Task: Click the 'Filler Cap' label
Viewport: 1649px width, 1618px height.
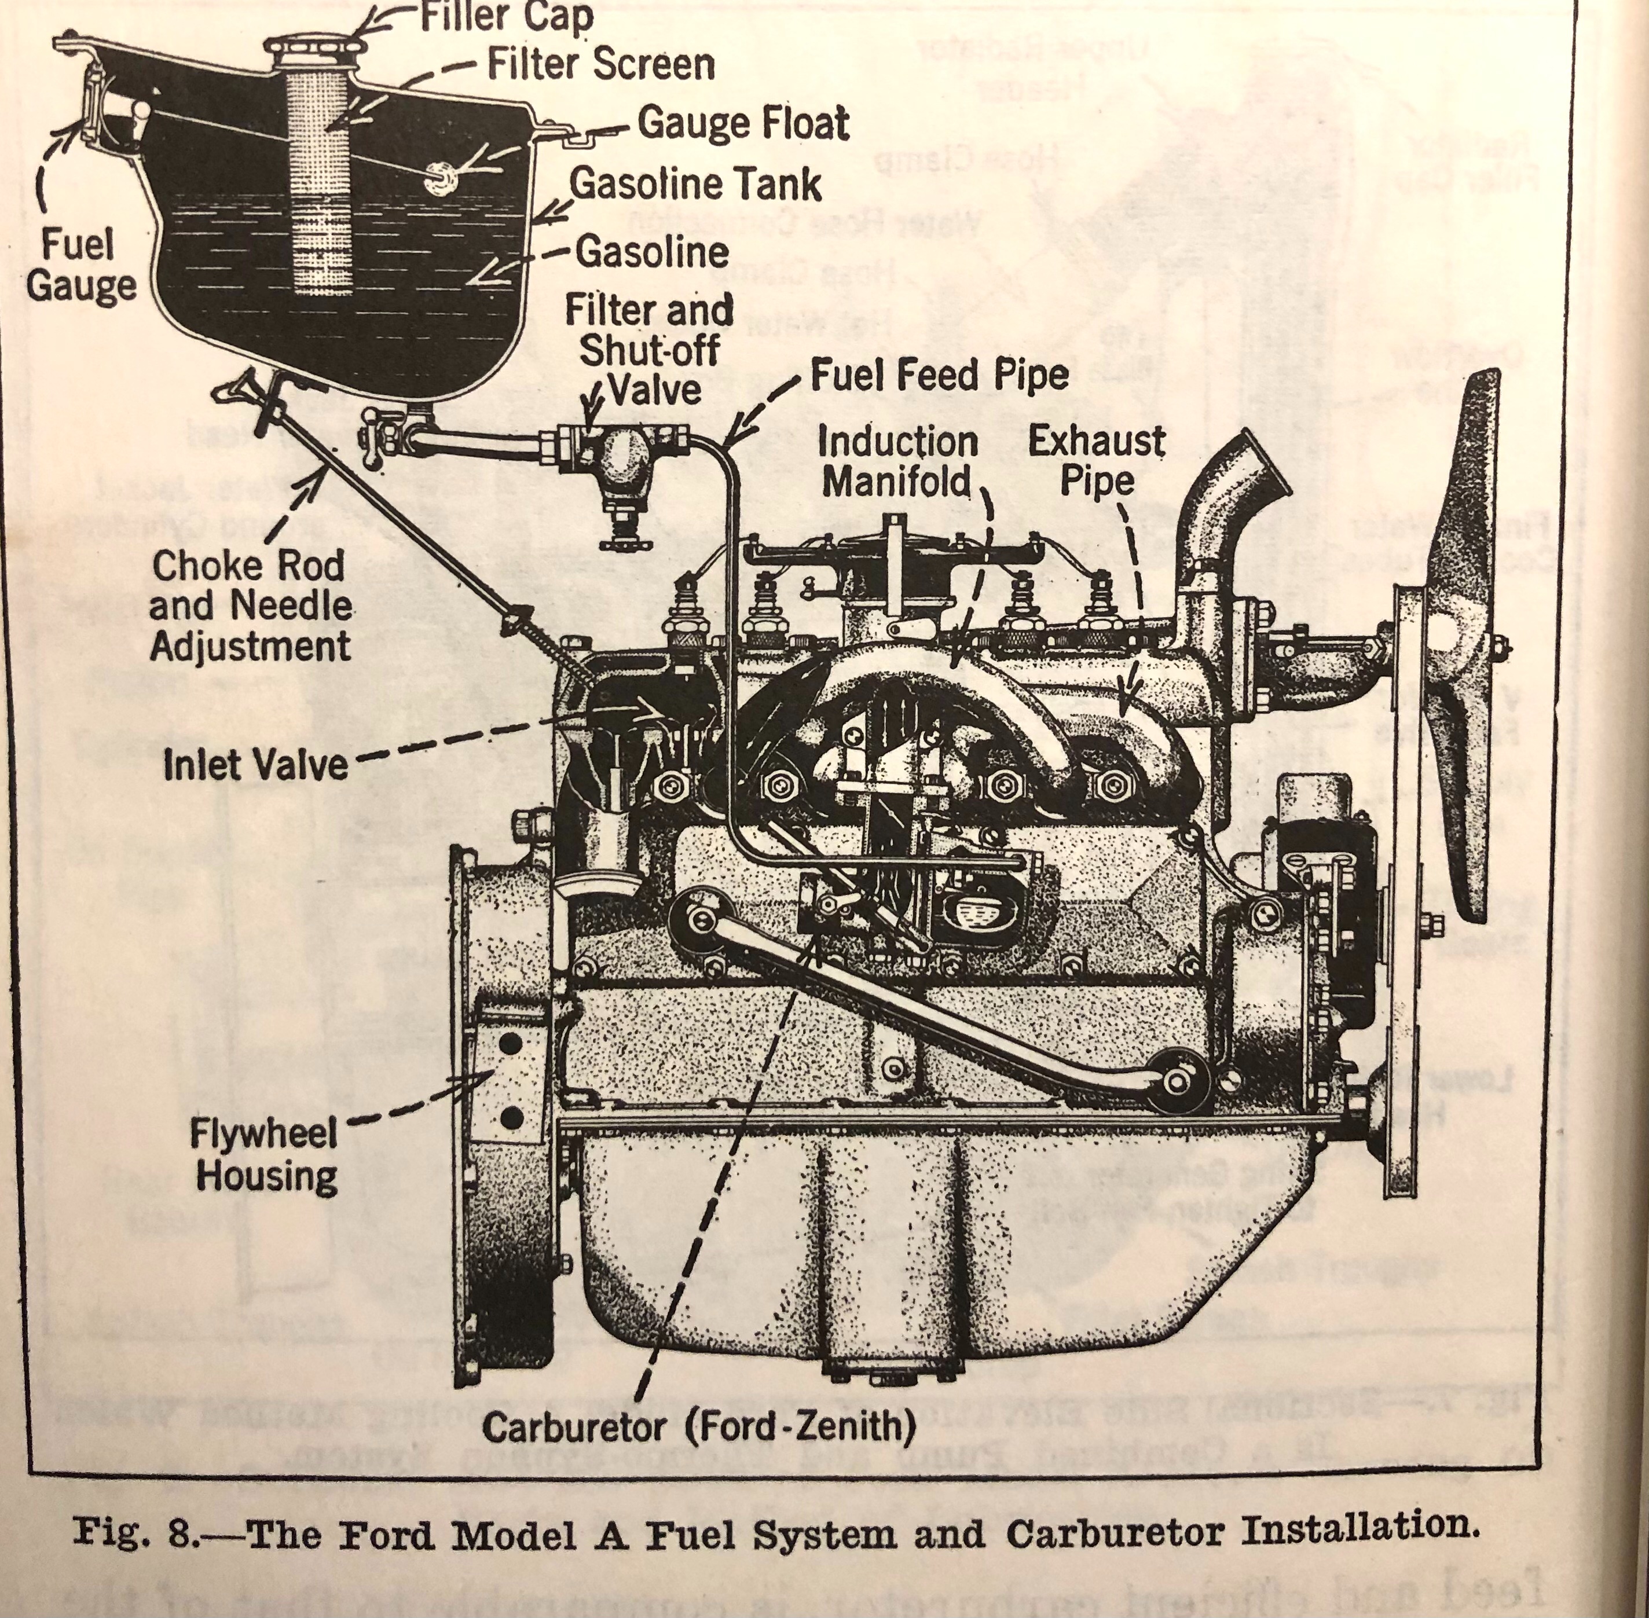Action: coord(507,17)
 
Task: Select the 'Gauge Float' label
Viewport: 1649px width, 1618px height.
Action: coord(743,123)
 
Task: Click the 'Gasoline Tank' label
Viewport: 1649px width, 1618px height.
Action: coord(695,184)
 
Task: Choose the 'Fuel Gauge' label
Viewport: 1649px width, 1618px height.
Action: coord(80,265)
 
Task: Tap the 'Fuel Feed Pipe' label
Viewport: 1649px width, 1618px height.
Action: coord(939,375)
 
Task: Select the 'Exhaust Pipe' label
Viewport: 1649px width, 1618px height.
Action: coord(1097,461)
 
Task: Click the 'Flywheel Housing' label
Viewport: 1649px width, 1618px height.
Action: coord(265,1155)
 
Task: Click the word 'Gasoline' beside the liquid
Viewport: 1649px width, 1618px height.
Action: coord(652,252)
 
